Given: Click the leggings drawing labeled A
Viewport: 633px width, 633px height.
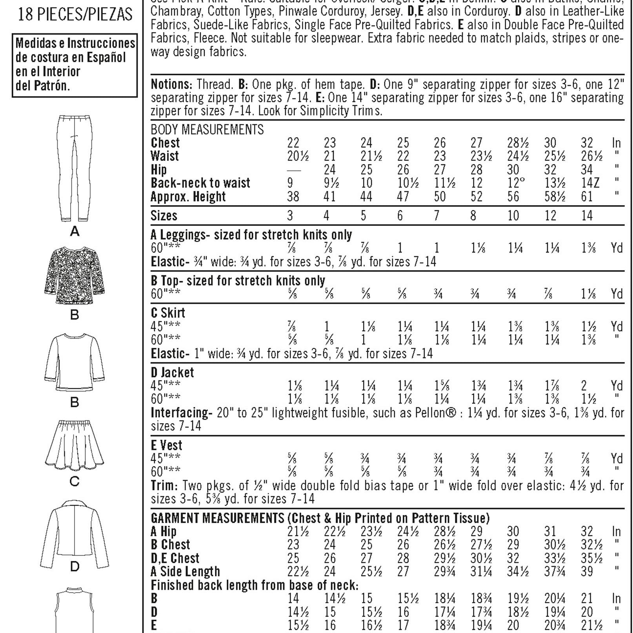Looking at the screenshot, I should [x=75, y=169].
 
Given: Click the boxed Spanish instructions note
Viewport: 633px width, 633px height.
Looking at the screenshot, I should [x=75, y=64].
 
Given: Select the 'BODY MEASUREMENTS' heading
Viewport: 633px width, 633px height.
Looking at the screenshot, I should [x=207, y=129].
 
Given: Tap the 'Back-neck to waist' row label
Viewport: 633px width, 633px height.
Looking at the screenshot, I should [x=200, y=183].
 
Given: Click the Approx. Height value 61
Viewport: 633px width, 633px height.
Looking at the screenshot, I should [x=587, y=196].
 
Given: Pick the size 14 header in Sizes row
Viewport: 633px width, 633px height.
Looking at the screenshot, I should [x=587, y=216].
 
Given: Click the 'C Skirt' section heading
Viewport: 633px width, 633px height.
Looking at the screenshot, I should [x=168, y=313].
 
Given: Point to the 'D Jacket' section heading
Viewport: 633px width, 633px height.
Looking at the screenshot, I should [x=172, y=372].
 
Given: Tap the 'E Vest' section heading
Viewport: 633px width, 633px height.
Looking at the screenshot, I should [x=167, y=445].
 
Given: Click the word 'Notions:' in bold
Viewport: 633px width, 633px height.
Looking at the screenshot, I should [x=171, y=84].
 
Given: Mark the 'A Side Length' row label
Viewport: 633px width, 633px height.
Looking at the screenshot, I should [x=186, y=571].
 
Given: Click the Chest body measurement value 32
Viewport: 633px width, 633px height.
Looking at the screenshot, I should [x=587, y=143].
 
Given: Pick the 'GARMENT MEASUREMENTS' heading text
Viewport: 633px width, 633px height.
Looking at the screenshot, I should [x=217, y=518].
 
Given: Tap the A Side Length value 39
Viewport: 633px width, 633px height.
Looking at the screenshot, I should [x=587, y=571].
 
